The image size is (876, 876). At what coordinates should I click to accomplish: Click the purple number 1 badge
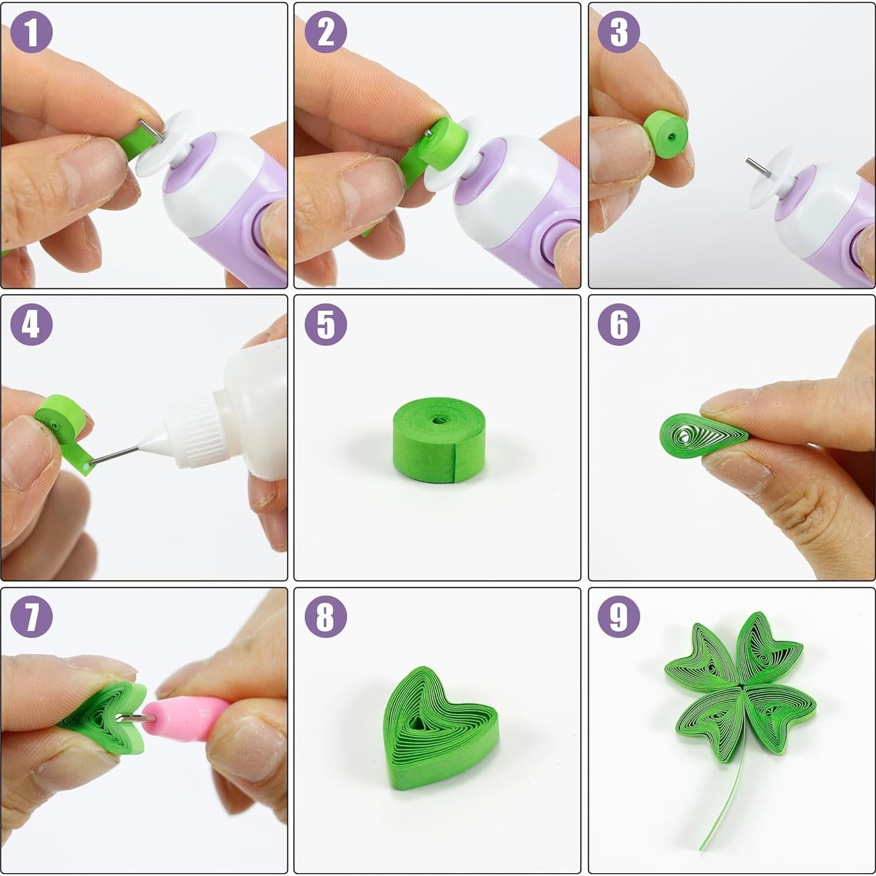[32, 32]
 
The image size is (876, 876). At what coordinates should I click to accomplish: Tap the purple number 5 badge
[326, 324]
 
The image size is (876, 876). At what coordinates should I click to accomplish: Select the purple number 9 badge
[619, 616]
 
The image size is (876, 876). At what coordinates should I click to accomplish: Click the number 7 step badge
[32, 616]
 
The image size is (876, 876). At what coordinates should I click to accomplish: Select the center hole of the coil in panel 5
[437, 420]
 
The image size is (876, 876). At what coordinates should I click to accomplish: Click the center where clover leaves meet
[741, 685]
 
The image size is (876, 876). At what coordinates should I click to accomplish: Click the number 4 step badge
[32, 324]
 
